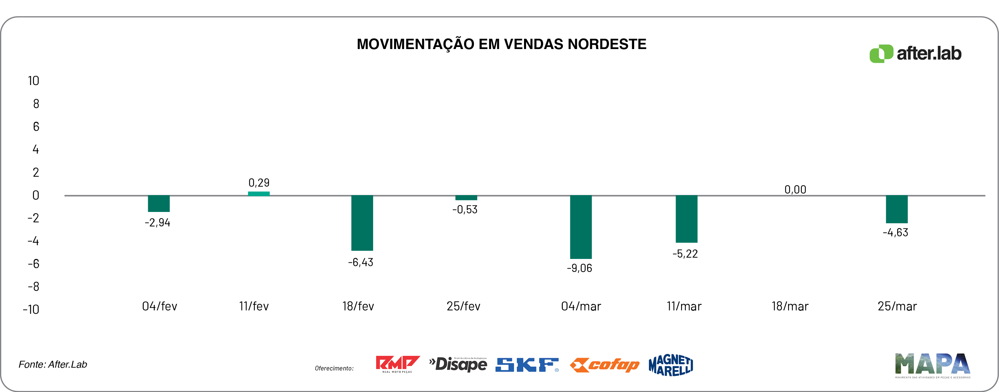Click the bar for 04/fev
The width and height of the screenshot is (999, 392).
[x=159, y=204]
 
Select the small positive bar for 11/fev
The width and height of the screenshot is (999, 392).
[x=259, y=193]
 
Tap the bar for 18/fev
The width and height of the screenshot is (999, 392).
[x=362, y=223]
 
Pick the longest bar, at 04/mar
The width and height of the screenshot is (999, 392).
[x=581, y=227]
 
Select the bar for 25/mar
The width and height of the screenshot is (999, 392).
[x=896, y=210]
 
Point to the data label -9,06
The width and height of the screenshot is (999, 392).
[x=579, y=268]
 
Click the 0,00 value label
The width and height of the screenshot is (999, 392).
[x=795, y=190]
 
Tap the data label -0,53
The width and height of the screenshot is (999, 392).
[x=465, y=210]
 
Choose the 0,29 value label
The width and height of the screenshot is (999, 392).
[x=259, y=182]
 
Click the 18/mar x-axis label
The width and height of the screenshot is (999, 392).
[x=789, y=306]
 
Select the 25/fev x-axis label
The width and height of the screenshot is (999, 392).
[x=463, y=306]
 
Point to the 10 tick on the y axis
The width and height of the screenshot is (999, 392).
[x=33, y=81]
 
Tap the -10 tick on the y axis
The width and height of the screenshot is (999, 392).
[x=31, y=309]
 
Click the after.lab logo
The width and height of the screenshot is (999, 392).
[x=915, y=54]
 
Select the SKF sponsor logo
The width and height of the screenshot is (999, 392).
[x=527, y=365]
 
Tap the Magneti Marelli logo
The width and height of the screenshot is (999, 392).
[x=670, y=365]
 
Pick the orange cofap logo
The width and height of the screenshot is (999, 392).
[x=604, y=365]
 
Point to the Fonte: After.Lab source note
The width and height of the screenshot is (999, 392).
[x=53, y=365]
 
